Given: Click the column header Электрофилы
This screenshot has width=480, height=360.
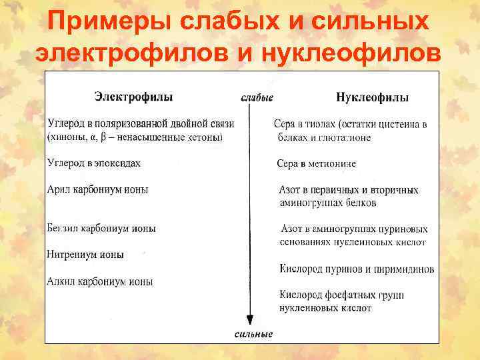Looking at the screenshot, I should pos(133,97).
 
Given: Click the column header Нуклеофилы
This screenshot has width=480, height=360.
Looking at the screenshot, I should pos(373,97).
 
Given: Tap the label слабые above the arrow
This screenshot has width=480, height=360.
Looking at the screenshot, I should pos(257,97).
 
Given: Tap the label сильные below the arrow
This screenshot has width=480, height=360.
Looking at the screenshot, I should pos(253,333).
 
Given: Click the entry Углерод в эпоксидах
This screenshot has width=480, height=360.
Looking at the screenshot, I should pos(94,163).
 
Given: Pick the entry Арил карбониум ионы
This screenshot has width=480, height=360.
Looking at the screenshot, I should pos(98,189).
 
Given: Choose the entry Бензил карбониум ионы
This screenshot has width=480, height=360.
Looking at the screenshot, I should pos(101,228).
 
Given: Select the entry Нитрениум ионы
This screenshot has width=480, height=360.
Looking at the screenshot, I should pos(85,255).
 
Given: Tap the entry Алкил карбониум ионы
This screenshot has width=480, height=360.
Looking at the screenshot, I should pos(100,281).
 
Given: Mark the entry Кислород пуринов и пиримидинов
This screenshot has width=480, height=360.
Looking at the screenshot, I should pos(357,269).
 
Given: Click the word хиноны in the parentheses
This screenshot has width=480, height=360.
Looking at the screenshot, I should pos(67,137).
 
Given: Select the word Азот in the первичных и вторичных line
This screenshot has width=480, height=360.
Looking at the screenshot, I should pos(291,190).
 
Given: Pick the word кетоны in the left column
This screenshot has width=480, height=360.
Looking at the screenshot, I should pos(207,137).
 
